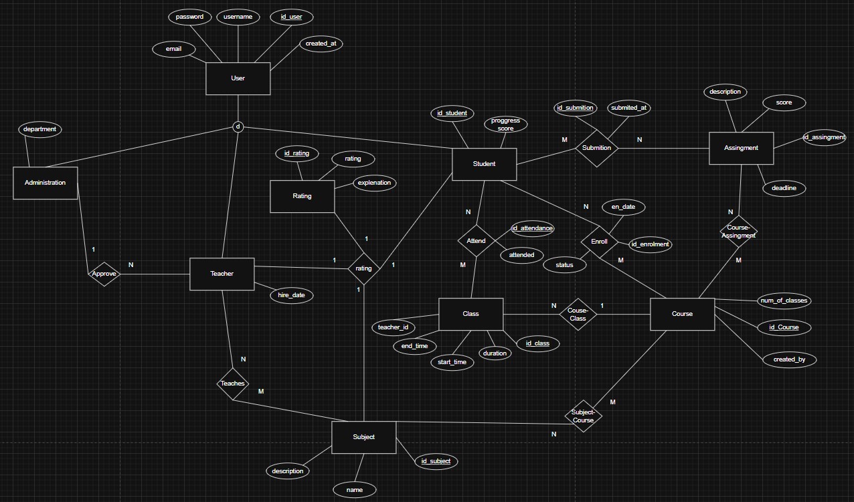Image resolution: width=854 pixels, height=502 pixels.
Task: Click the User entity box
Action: click(x=238, y=78)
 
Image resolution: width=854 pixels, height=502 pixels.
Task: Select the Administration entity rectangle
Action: click(x=45, y=183)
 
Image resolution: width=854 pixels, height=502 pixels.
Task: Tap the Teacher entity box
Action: click(x=222, y=274)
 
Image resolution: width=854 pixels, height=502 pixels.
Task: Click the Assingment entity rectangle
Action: click(x=741, y=148)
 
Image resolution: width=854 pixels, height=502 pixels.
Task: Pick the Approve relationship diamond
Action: click(x=104, y=274)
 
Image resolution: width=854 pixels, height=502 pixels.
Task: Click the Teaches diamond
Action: click(x=233, y=384)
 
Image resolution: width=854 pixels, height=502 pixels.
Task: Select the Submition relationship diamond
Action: click(x=596, y=148)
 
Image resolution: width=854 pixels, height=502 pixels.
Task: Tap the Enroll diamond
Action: click(x=599, y=242)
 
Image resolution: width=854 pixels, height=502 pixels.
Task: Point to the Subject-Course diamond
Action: click(x=583, y=416)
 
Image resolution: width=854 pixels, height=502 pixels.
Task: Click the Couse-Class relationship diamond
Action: click(x=578, y=314)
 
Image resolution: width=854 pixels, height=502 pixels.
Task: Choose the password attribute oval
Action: click(x=189, y=17)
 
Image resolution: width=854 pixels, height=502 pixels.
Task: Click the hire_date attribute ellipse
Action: click(x=291, y=295)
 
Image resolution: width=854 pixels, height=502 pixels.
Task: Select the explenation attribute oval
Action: click(x=374, y=183)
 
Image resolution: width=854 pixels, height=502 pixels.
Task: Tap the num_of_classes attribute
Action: click(x=784, y=301)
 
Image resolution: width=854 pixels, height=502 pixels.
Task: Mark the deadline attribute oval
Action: click(x=784, y=188)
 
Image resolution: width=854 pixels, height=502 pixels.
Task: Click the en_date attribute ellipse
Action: click(x=623, y=207)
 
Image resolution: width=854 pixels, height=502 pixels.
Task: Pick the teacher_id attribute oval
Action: click(x=393, y=327)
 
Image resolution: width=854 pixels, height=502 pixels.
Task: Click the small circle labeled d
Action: click(x=238, y=127)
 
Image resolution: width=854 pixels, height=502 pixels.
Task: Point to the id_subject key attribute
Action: click(x=436, y=461)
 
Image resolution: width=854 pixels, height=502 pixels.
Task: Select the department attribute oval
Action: click(x=39, y=129)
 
